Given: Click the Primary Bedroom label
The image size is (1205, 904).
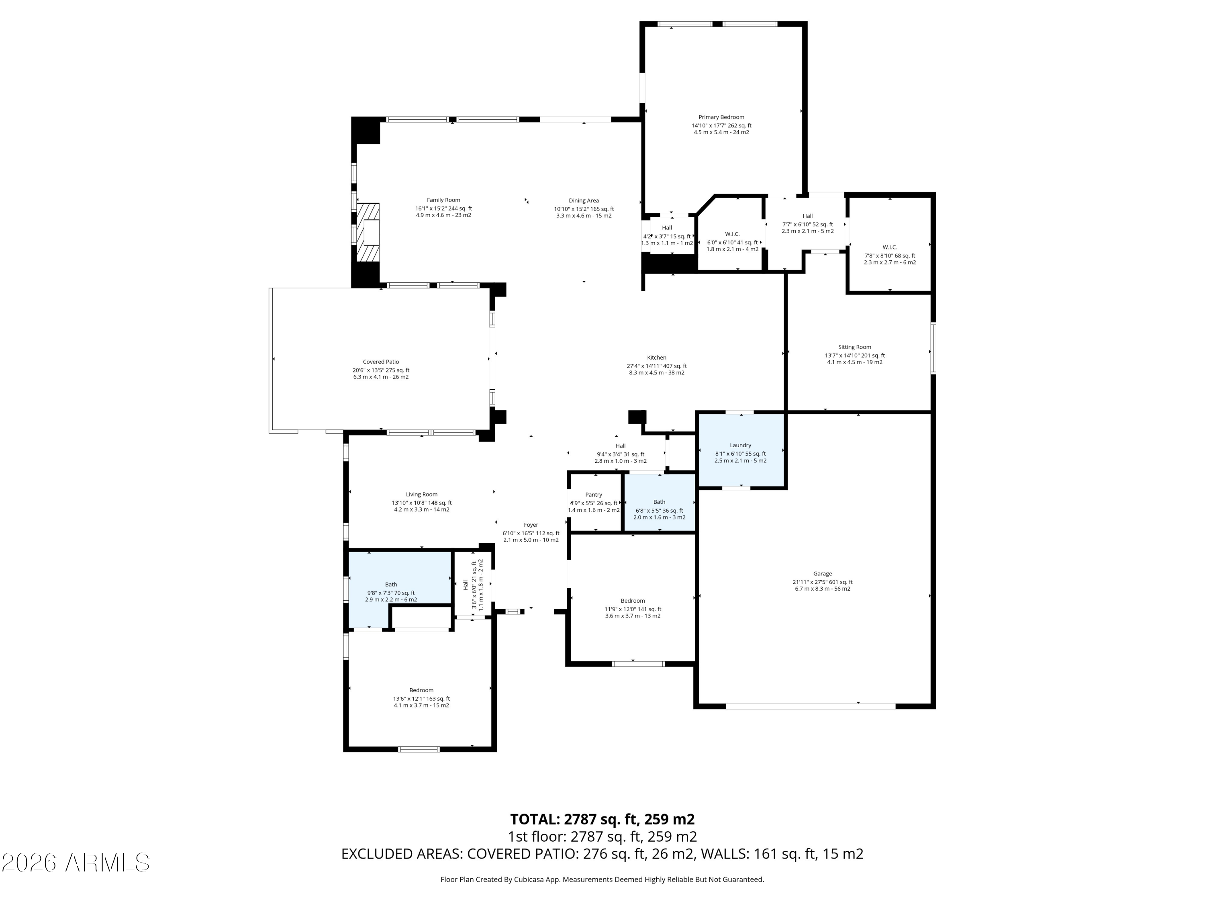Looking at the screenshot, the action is (721, 117).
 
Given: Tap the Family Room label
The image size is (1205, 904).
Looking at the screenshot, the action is (443, 200).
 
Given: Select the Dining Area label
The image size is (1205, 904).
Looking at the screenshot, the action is (584, 200).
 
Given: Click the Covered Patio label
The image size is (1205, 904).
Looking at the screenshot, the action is (381, 362).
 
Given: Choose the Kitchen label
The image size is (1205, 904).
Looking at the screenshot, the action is (656, 358).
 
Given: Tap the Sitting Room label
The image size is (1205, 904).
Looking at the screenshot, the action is (855, 347).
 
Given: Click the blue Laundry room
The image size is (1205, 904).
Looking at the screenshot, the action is (741, 450).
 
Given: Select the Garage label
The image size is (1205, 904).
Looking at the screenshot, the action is (823, 574).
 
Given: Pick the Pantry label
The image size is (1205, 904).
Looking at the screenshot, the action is (594, 495).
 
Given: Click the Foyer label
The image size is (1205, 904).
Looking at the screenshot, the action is (531, 525).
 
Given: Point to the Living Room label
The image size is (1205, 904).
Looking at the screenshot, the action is (422, 495).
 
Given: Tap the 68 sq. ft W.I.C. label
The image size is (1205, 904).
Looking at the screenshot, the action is (890, 247).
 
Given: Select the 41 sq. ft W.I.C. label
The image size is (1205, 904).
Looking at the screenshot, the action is (732, 234).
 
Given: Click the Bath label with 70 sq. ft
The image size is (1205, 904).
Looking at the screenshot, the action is (391, 585).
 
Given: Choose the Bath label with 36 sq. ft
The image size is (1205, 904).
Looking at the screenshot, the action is (659, 502).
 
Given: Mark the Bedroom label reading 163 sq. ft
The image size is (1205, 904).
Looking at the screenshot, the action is (422, 690).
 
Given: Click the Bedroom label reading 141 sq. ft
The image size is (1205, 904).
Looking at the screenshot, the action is (633, 601).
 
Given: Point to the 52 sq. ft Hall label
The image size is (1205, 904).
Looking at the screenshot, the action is (807, 216).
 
